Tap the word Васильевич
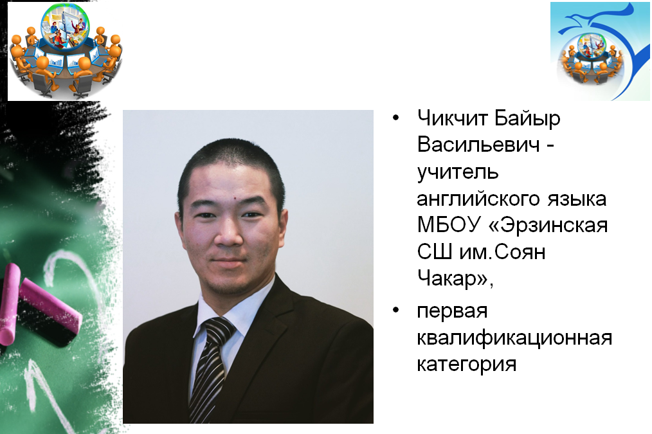478,145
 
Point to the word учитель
457,172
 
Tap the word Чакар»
455,278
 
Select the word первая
452,311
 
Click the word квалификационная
514,338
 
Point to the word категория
467,365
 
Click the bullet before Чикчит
395,118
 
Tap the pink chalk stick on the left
50,307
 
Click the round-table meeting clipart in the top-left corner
66,51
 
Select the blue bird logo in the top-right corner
600,51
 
